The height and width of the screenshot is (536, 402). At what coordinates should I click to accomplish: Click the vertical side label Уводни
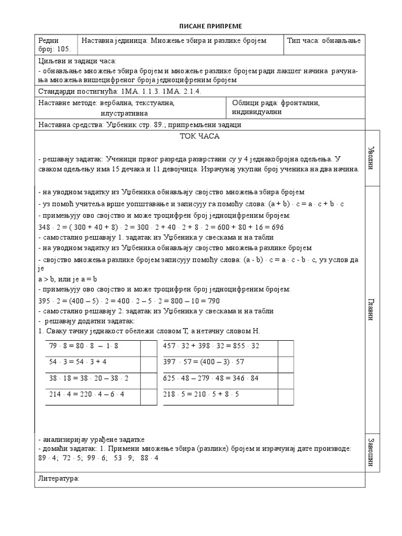371,158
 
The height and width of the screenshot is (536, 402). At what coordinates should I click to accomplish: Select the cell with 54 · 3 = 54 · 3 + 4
77,361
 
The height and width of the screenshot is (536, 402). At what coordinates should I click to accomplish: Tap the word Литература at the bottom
59,479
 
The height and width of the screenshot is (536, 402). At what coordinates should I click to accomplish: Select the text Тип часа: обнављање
323,41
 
